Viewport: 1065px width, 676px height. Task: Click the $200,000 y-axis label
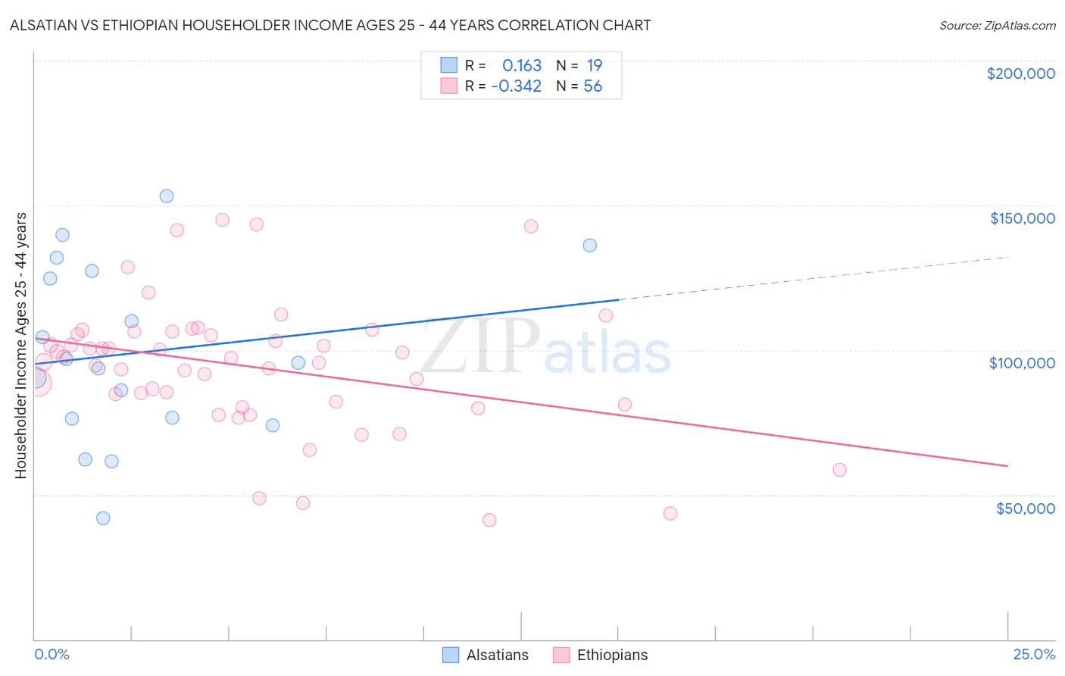[x=1020, y=74]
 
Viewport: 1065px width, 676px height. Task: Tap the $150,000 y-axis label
[x=1022, y=218]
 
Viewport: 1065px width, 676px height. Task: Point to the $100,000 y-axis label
[x=1022, y=363]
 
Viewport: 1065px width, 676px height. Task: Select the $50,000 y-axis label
[x=1025, y=508]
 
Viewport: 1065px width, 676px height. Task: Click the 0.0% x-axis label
[x=52, y=654]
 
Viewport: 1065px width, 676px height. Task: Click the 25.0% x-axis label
[x=1034, y=654]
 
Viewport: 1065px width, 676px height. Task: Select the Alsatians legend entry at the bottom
[x=486, y=655]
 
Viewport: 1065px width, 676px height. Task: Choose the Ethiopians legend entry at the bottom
[x=601, y=655]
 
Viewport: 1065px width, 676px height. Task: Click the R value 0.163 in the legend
[x=522, y=66]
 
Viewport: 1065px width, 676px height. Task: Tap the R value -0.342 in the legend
[x=517, y=86]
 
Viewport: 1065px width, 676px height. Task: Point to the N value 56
[x=592, y=86]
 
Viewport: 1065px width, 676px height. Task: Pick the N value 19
[x=594, y=66]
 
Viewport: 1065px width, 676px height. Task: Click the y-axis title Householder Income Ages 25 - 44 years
[x=20, y=346]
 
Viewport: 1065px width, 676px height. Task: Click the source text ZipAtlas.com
[x=997, y=26]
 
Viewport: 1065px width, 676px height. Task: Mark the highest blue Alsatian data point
[x=167, y=196]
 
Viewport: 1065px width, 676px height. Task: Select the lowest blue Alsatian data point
[x=103, y=518]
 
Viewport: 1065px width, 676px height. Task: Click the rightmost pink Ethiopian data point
[x=839, y=470]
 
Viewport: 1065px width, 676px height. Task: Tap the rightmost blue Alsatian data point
[x=590, y=246]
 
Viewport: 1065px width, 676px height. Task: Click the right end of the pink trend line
[x=1007, y=466]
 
